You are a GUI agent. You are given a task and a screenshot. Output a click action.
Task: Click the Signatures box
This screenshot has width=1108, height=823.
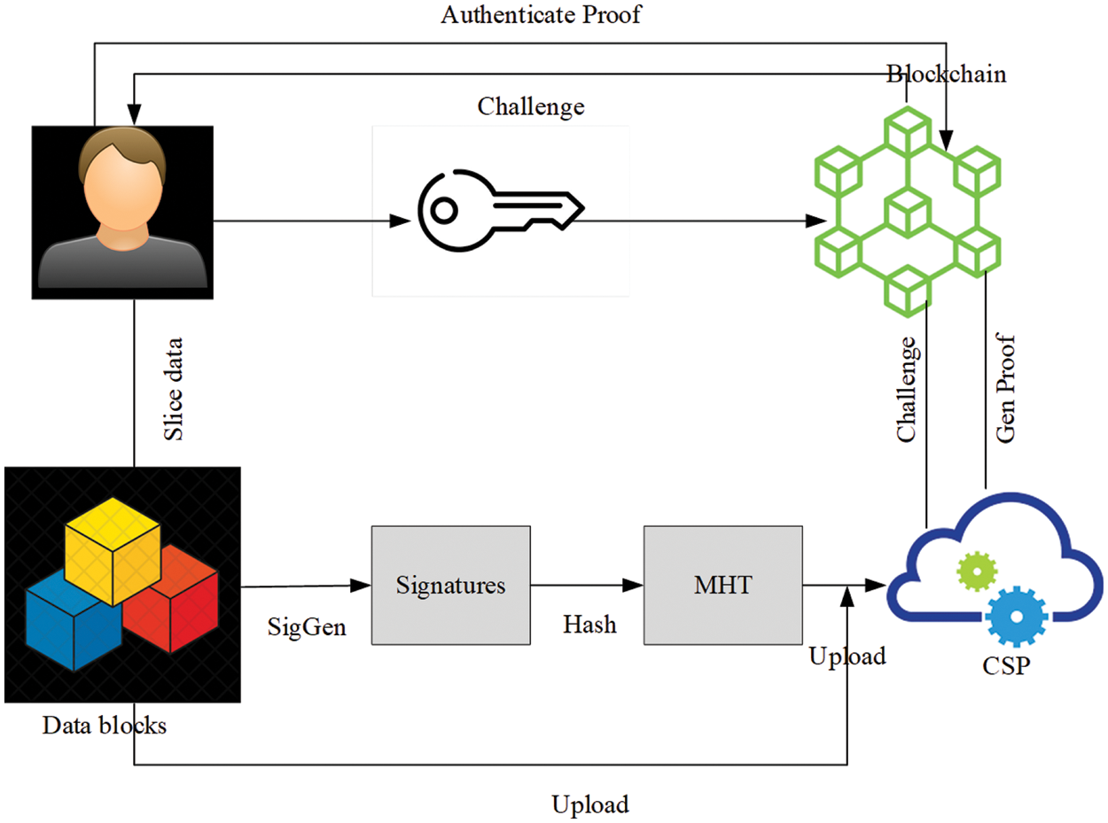[450, 585]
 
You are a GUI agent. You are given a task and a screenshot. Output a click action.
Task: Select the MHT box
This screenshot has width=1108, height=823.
[722, 585]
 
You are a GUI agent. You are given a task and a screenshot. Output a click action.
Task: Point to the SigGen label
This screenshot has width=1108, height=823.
[307, 627]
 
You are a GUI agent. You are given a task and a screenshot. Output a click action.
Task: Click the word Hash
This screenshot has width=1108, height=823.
[589, 624]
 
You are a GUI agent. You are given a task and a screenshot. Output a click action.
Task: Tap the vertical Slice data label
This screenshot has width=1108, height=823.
[175, 388]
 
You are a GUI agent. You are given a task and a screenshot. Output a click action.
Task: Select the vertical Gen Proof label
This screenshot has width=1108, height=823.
[1006, 390]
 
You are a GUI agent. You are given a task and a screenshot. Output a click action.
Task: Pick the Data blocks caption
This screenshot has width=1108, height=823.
[104, 726]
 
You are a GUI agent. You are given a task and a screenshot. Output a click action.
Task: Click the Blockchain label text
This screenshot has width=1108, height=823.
[947, 74]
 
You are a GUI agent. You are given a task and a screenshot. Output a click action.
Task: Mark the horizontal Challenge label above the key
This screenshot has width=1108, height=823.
[531, 106]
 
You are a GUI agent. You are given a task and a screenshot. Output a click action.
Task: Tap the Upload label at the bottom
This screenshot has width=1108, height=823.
[590, 804]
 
